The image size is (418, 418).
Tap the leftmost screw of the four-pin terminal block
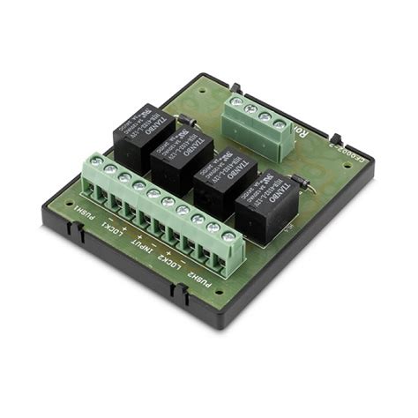(236, 102)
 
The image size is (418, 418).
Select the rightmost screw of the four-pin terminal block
(278, 125)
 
